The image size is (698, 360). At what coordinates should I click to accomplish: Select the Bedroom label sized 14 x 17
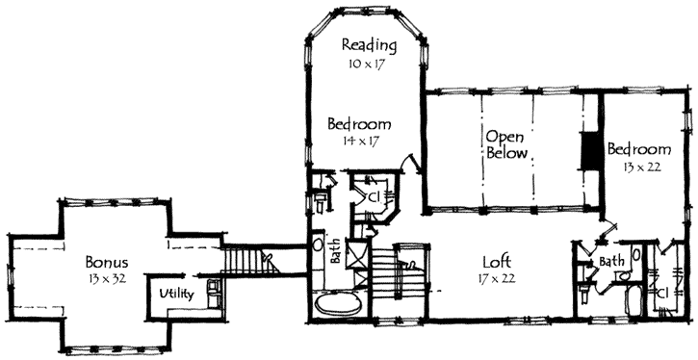click(358, 124)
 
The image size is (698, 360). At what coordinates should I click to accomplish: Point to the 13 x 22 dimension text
click(639, 167)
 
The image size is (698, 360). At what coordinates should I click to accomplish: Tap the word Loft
click(498, 261)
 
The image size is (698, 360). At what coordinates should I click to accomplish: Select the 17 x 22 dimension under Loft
click(498, 278)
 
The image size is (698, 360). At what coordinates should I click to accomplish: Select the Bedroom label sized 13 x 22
click(638, 150)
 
